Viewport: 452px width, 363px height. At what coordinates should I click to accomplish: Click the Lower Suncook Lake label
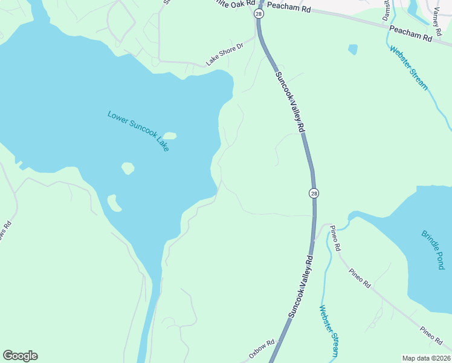[x=138, y=131]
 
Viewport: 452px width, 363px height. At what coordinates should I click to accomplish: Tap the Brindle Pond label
[x=433, y=249]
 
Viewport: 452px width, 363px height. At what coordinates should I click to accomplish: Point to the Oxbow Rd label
[x=261, y=351]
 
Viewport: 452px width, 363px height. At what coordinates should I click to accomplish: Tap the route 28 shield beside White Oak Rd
[x=259, y=13]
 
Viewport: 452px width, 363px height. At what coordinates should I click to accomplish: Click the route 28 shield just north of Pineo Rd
[x=313, y=193]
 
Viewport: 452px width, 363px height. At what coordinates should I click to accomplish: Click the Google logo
[x=20, y=356]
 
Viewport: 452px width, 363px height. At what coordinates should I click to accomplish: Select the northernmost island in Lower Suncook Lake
[x=170, y=136]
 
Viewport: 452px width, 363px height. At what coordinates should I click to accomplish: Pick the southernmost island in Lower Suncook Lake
[x=114, y=203]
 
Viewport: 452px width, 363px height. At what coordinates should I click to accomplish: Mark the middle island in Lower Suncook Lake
[x=128, y=168]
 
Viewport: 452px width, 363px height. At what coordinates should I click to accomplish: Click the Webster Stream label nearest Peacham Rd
[x=408, y=68]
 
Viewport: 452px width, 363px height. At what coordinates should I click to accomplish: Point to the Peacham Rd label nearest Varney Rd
[x=411, y=33]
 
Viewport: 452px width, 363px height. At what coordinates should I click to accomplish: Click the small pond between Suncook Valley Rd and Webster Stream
[x=353, y=49]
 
